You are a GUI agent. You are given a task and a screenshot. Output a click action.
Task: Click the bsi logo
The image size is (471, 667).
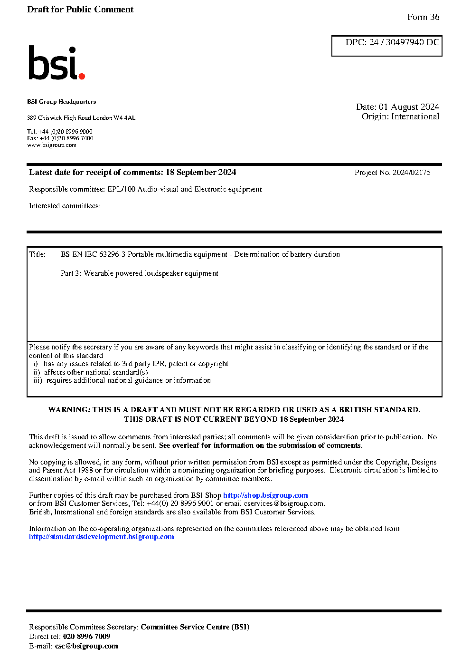click(56, 63)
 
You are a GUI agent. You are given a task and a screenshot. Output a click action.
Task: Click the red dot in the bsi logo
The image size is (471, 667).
click(82, 76)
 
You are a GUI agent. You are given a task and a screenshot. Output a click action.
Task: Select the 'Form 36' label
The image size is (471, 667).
click(423, 17)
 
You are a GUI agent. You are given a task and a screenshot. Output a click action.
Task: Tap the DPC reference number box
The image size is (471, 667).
click(386, 46)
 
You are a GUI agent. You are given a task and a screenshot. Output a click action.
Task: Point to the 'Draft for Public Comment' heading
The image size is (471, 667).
click(80, 10)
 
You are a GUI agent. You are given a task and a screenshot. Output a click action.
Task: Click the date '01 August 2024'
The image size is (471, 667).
click(409, 107)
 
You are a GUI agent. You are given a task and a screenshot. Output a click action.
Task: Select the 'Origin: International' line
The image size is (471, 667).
click(400, 116)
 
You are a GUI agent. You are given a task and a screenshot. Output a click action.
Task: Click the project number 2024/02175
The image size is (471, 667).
click(411, 173)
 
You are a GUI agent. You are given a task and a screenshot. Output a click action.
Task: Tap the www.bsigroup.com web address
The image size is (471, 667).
click(52, 145)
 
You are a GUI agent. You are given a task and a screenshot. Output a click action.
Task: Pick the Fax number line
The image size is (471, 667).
click(60, 138)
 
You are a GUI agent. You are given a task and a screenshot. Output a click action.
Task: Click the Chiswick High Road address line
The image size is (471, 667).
click(81, 118)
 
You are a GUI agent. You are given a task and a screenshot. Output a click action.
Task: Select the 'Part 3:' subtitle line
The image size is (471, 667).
click(139, 273)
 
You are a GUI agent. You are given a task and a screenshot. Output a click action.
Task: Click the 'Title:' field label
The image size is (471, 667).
click(38, 254)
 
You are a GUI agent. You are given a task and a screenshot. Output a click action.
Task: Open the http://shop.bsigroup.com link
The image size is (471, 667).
click(265, 495)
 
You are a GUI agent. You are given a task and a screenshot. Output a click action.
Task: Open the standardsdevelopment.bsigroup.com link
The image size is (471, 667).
click(102, 537)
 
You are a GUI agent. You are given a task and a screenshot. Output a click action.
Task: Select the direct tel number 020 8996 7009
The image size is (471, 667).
click(86, 637)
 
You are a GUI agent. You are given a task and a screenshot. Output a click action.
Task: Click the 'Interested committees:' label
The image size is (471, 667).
click(65, 206)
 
